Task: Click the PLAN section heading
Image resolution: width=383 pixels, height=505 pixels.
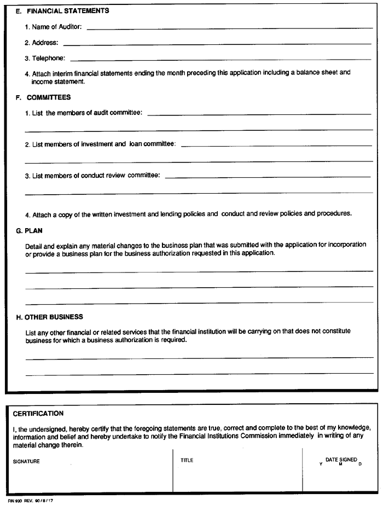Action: pyautogui.click(x=33, y=231)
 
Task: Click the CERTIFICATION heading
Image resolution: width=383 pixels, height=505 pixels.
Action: pyautogui.click(x=38, y=413)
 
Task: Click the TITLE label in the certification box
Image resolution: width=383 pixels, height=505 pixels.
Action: pyautogui.click(x=187, y=460)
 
